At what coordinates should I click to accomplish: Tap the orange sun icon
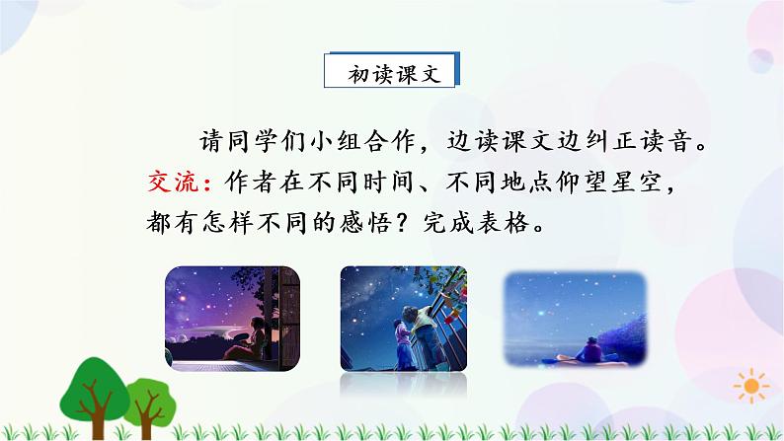pos(754,385)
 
